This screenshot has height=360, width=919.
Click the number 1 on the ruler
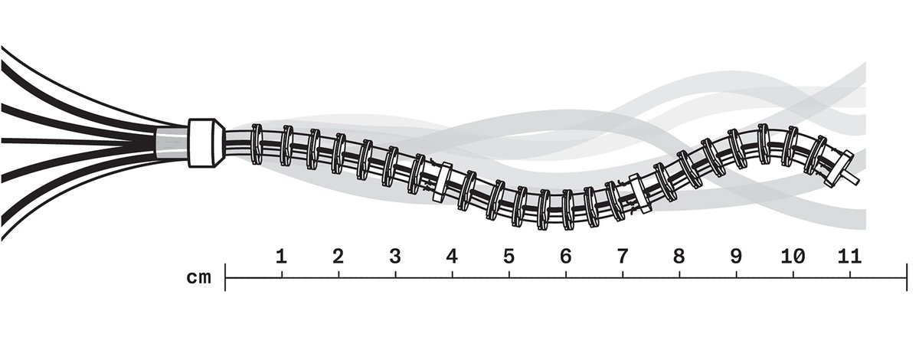pos(281,257)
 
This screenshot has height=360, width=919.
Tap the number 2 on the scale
pos(338,257)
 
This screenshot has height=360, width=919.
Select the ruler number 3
pos(395,257)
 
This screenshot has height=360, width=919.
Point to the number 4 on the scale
pos(452,257)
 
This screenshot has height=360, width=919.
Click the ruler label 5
pos(509,257)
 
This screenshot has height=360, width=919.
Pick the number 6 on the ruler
pos(566,257)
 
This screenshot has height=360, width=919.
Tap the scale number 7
pos(623,257)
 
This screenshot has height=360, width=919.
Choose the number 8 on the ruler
pos(679,257)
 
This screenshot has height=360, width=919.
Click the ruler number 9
pos(737,257)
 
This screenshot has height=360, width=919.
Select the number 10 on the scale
pos(793,257)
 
